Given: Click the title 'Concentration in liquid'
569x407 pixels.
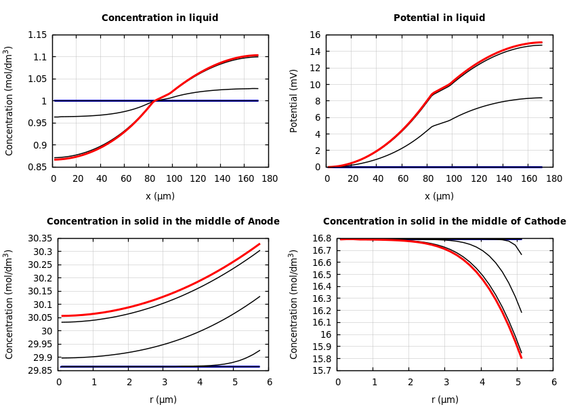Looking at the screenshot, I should click(x=161, y=18).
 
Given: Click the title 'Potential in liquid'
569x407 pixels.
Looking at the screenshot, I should click(x=439, y=18).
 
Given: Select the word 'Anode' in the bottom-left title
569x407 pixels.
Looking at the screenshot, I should click(x=261, y=222).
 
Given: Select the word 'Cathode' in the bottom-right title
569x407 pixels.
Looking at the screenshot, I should click(x=544, y=222).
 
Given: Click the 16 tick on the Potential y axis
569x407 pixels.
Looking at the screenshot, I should click(x=314, y=35).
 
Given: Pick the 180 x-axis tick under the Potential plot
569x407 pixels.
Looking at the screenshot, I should click(x=553, y=178).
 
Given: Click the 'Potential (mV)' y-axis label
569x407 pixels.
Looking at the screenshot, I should click(x=294, y=100).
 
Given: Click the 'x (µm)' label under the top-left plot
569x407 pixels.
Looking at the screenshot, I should click(x=161, y=196).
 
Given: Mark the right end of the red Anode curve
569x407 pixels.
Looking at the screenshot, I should click(x=259, y=244).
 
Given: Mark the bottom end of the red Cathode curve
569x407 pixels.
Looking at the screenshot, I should click(x=521, y=357).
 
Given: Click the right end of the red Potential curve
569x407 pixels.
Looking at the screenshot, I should click(x=542, y=42).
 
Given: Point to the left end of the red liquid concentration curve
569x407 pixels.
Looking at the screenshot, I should click(x=55, y=159).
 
